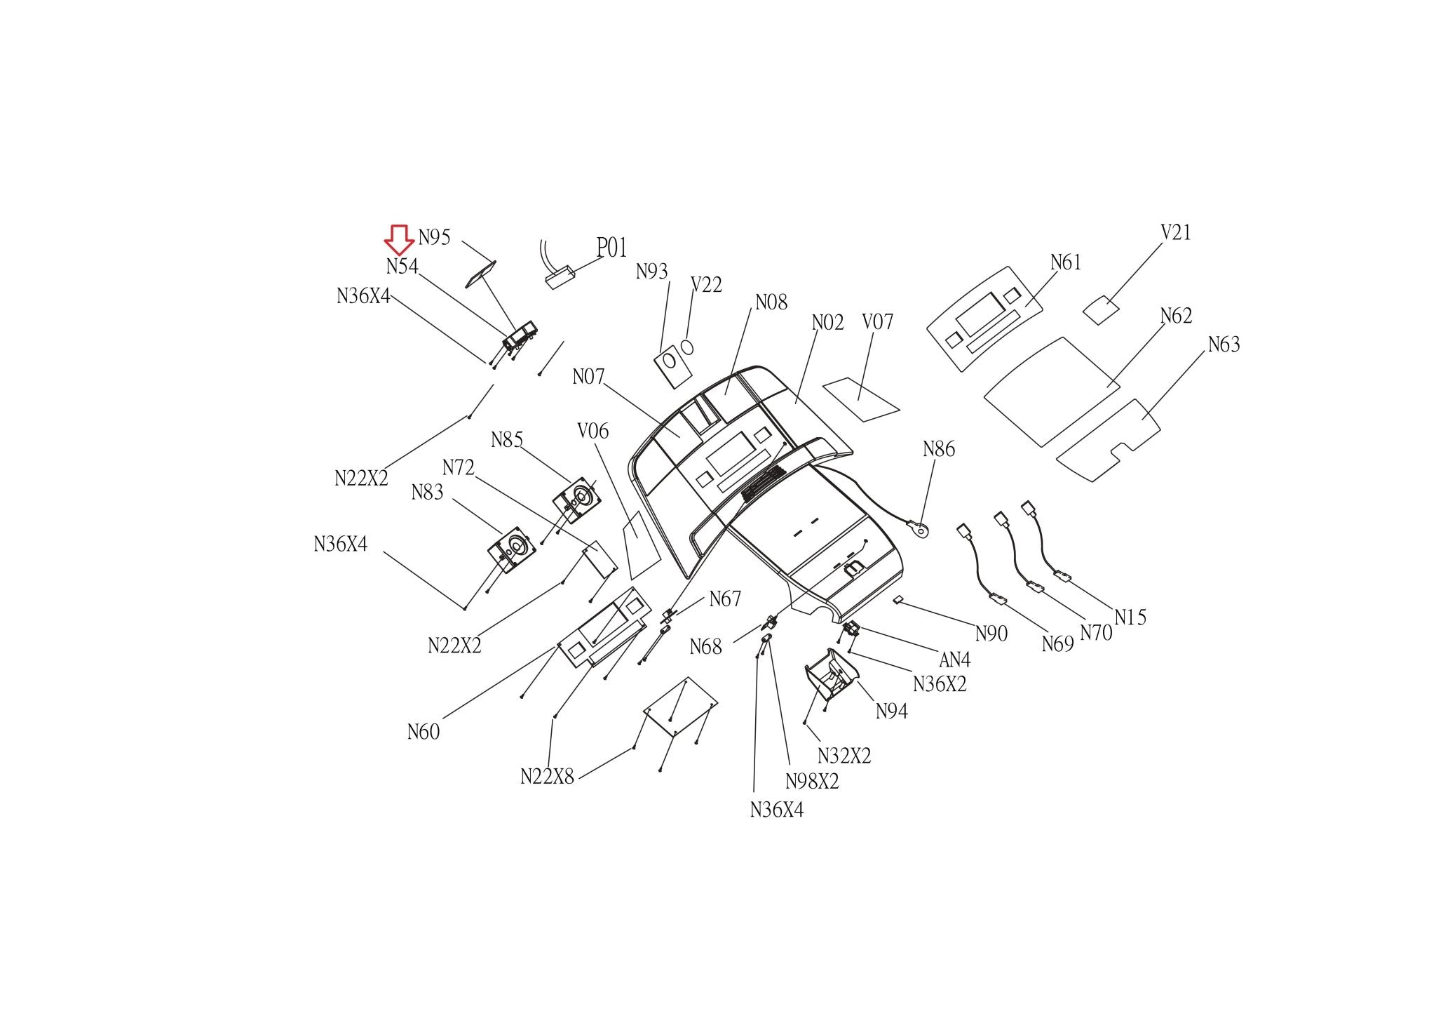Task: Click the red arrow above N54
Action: click(x=399, y=240)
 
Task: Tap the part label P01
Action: click(x=611, y=248)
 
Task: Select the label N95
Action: click(x=434, y=237)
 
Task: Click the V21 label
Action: click(x=1176, y=232)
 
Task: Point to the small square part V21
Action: click(x=1100, y=310)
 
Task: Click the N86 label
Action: click(x=938, y=449)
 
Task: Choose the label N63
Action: click(x=1224, y=344)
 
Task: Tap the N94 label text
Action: click(x=891, y=711)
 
